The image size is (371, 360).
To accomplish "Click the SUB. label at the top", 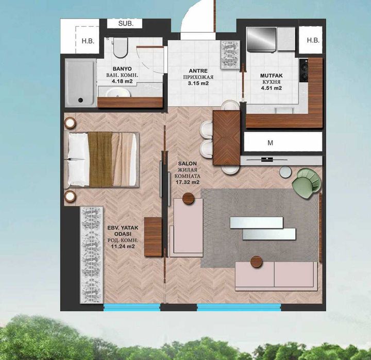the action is tap(126, 24).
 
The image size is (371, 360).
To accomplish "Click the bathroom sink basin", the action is tap(117, 93).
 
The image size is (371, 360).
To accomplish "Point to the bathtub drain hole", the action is tap(80, 100).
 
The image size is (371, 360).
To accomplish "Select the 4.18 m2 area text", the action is tap(122, 81).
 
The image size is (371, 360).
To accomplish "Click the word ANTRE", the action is tap(198, 71).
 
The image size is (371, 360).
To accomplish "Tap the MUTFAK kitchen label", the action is tap(272, 76).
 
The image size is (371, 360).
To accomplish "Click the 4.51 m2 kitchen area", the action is tap(272, 88).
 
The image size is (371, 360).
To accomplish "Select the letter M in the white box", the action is tap(270, 143).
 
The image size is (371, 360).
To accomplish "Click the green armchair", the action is tap(307, 181).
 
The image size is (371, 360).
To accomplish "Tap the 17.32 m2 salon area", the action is tap(188, 182).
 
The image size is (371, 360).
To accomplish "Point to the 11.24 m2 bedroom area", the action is tap(123, 246).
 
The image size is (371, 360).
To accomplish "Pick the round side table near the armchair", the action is tap(285, 172).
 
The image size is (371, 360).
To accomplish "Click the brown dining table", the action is tap(226, 138).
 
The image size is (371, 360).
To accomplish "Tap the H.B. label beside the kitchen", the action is tap(313, 40).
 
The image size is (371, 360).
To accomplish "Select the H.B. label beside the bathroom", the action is tap(88, 41).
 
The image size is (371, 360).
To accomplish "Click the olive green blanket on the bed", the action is tap(100, 159).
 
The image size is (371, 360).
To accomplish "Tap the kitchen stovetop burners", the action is tap(303, 70).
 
